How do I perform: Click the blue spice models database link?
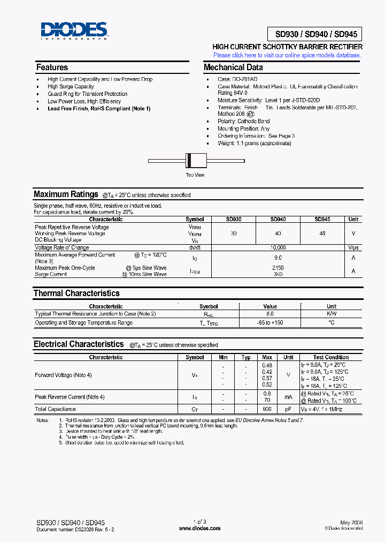coord(287,55)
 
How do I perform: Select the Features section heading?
coord(52,67)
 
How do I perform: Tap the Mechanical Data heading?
coord(233,67)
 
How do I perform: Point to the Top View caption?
coord(195,175)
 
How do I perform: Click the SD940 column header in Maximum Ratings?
coord(278,220)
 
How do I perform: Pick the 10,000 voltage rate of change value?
coord(278,248)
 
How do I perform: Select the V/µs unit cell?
coord(353,248)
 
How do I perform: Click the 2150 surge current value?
coord(278,268)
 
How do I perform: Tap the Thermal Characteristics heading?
coord(76,293)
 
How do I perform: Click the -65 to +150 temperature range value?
coord(270,323)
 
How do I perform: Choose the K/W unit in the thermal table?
coord(332,314)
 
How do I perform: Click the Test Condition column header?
coord(330,357)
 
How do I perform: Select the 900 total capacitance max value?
coord(267,409)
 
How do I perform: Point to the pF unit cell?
coord(288,409)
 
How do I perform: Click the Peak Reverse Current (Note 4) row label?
coord(70,397)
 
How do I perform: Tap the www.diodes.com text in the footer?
coord(200,528)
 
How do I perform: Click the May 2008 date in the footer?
coord(351,522)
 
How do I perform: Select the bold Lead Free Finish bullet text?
coord(99,109)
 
